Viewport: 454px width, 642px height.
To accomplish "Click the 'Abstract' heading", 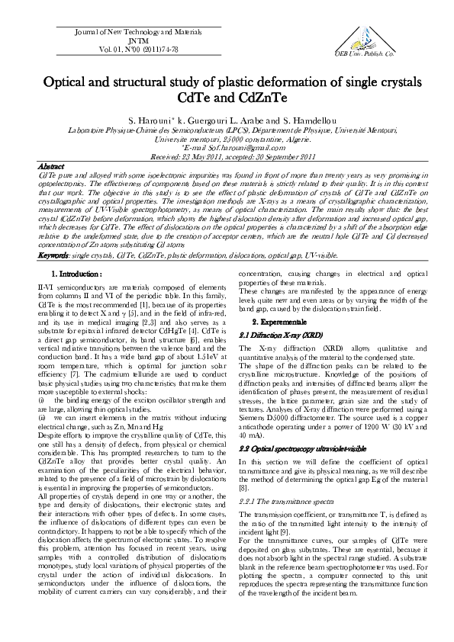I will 52,165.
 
